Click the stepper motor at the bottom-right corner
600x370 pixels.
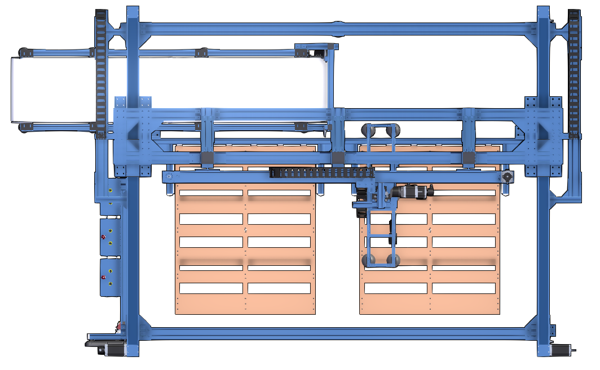click(560, 350)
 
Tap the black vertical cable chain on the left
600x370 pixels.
click(101, 73)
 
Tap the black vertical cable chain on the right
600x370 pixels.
click(574, 73)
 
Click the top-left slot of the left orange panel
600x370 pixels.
click(210, 193)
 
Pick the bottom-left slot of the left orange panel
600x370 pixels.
click(210, 288)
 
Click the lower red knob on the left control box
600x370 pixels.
click(103, 278)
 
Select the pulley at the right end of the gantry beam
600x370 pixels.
click(508, 177)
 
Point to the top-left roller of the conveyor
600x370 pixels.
click(24, 52)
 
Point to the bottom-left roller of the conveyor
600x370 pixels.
click(24, 127)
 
